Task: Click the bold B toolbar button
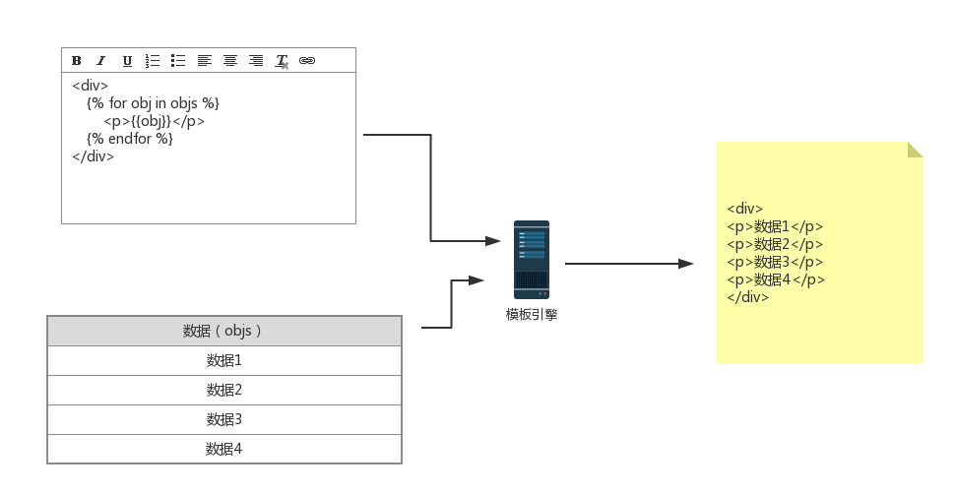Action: (77, 61)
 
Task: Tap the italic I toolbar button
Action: (101, 61)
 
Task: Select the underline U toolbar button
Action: (127, 61)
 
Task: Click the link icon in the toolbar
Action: (307, 61)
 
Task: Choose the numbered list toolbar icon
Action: (153, 61)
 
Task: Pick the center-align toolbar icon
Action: (230, 61)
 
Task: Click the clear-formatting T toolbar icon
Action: (282, 61)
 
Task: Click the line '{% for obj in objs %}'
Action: (153, 103)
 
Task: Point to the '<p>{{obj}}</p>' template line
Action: (155, 121)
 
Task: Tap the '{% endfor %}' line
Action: (130, 139)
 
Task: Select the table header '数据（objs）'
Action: (224, 331)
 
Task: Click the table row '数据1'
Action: (224, 360)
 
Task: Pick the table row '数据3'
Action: (224, 419)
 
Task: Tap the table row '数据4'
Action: (224, 449)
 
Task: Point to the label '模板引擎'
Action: (532, 315)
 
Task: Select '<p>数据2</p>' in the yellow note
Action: (775, 244)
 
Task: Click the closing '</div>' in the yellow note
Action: (748, 297)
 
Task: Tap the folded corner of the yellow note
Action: (915, 150)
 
